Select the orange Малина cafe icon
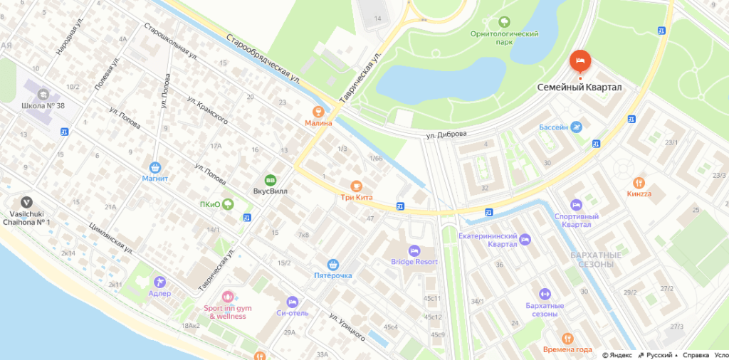[x=318, y=111]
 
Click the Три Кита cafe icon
[x=356, y=186]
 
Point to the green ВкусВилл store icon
[x=270, y=180]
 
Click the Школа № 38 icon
[x=43, y=93]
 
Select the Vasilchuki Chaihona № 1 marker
[x=27, y=203]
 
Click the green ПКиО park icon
[x=228, y=204]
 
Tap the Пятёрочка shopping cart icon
[x=332, y=264]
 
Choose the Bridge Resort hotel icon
[x=414, y=250]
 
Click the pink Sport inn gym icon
[x=227, y=296]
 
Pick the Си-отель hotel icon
[x=292, y=302]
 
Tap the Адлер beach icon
[x=159, y=282]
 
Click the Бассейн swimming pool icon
[x=576, y=127]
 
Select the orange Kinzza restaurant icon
[x=639, y=182]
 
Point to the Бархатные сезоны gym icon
[x=545, y=294]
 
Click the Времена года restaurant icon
[x=567, y=339]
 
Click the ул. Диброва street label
[x=446, y=134]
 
